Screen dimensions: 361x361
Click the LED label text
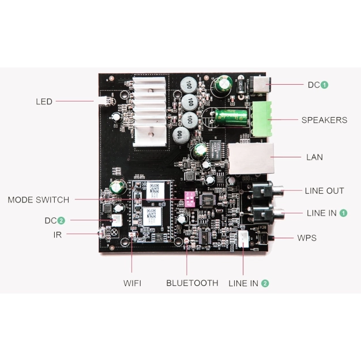(44, 101)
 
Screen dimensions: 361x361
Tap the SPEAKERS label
(324, 120)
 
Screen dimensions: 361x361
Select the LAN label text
(315, 157)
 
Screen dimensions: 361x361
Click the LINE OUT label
(324, 191)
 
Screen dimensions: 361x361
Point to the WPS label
(306, 238)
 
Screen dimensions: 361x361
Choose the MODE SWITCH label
(38, 200)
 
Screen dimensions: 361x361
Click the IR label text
(57, 235)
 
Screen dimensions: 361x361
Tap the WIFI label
(132, 283)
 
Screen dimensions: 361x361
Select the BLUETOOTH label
(192, 283)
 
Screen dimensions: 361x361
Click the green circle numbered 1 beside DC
(325, 85)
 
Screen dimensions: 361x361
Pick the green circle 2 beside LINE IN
(265, 283)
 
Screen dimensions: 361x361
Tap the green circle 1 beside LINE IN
(343, 213)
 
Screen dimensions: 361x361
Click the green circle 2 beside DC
(61, 220)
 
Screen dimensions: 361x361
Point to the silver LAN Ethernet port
(249, 157)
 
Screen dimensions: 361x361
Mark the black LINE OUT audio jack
(264, 191)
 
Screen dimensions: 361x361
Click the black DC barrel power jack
(258, 85)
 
